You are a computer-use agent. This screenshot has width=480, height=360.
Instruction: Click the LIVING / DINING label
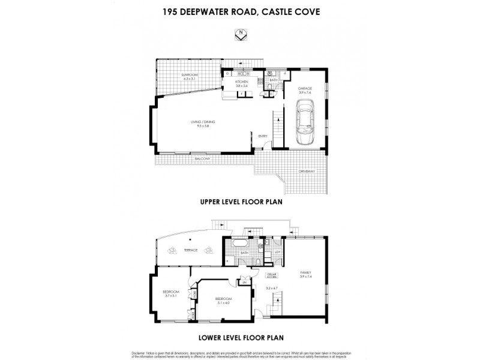pos(203,124)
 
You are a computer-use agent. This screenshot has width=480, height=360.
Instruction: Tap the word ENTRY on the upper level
pos(263,136)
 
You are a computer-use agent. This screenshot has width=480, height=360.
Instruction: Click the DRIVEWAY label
pos(307,172)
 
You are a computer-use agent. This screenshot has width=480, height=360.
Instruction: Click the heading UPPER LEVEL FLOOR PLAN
pos(240,202)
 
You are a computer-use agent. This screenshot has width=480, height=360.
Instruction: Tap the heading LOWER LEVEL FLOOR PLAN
pos(240,337)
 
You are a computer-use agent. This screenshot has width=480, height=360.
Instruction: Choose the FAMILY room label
pos(307,274)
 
